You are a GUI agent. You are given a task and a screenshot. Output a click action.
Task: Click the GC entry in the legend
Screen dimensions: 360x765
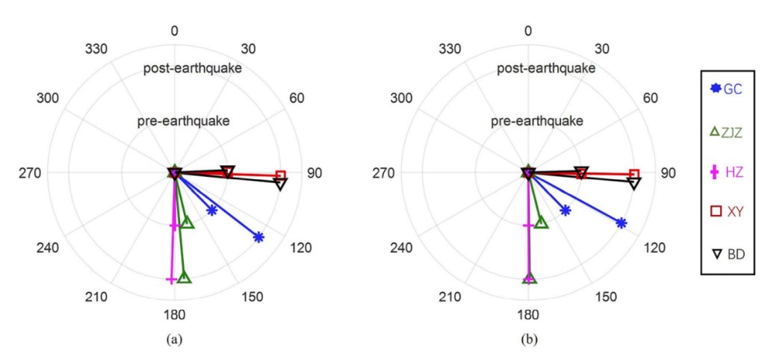coord(725,89)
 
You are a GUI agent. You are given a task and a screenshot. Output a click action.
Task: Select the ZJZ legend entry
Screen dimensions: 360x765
coord(725,131)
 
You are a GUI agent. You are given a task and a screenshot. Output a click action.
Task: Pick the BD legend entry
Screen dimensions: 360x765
coord(725,254)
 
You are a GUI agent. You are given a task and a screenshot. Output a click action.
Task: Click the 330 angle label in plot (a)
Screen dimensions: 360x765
coord(97,49)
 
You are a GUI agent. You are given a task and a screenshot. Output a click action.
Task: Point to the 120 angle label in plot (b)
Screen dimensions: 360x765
coord(654,248)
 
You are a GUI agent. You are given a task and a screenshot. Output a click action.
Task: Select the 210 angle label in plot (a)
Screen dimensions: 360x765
coord(97,297)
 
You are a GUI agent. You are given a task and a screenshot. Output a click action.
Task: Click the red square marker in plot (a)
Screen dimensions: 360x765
coord(281,176)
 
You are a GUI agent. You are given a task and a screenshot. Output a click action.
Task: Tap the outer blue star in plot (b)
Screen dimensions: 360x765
coord(621,223)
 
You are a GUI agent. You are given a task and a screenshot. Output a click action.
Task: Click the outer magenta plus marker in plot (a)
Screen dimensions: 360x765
coord(171,279)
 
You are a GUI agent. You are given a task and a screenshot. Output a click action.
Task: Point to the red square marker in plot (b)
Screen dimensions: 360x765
coord(634,175)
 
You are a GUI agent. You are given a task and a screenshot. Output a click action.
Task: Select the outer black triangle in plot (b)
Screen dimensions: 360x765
coord(634,184)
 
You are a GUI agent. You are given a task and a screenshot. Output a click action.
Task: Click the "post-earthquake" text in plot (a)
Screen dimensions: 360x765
coord(193,69)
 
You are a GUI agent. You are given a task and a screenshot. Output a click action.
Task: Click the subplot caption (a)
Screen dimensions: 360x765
coord(174,339)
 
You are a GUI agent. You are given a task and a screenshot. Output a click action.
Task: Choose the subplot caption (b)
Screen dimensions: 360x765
coord(528,339)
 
